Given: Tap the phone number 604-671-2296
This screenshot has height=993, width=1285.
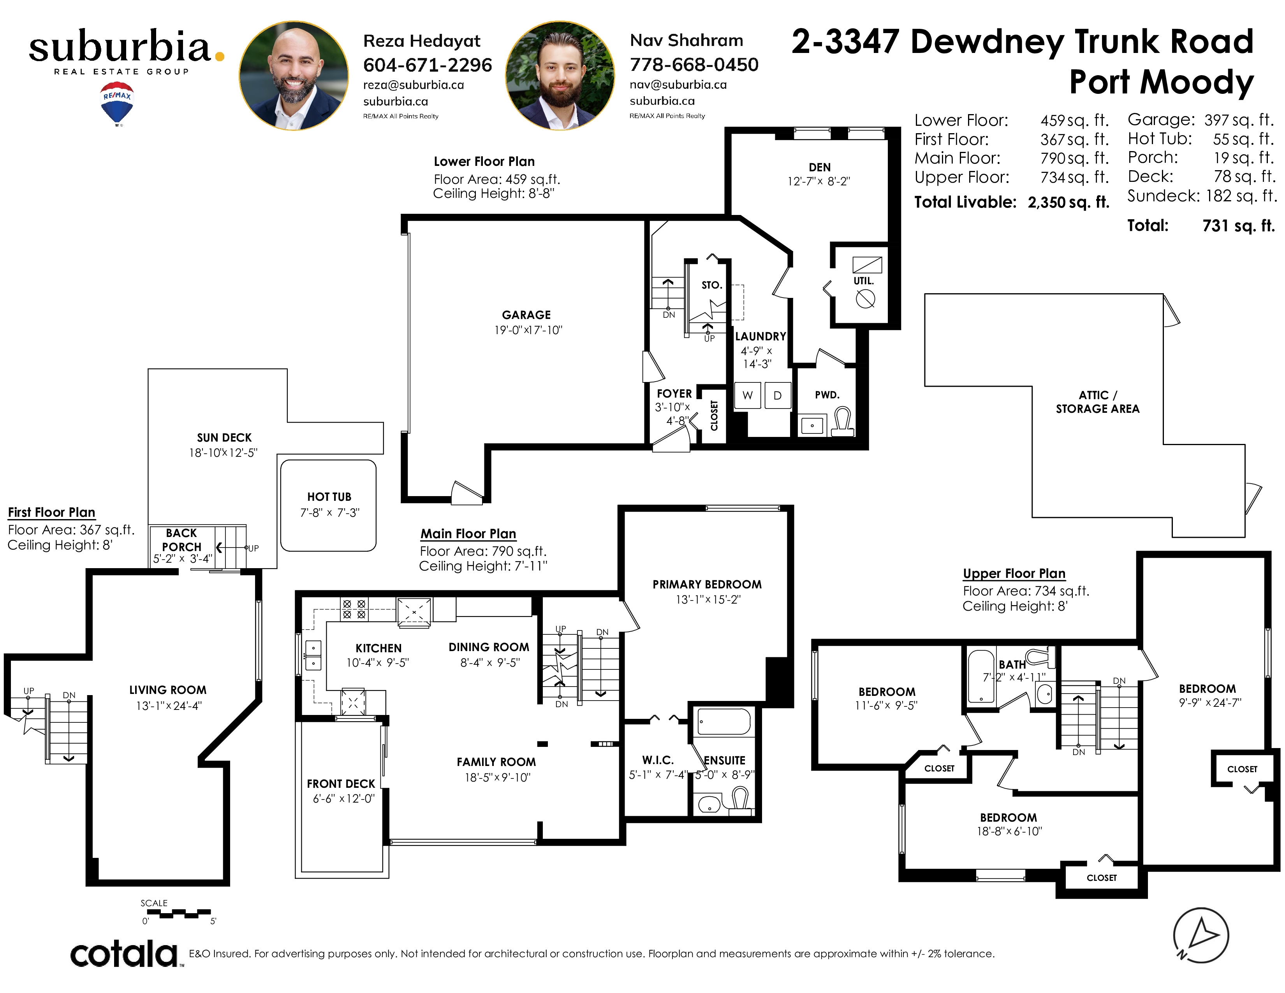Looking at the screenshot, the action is pyautogui.click(x=427, y=65).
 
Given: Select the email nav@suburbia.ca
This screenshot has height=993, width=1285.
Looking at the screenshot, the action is pyautogui.click(x=678, y=85).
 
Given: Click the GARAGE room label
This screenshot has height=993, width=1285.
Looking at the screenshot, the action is pyautogui.click(x=526, y=315).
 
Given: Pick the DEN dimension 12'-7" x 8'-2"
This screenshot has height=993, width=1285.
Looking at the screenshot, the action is pyautogui.click(x=819, y=181).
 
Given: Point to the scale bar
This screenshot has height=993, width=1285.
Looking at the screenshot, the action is pyautogui.click(x=179, y=914).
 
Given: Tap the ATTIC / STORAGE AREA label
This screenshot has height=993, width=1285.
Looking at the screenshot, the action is pyautogui.click(x=1097, y=402).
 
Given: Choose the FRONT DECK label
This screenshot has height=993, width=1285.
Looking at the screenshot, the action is pyautogui.click(x=341, y=783).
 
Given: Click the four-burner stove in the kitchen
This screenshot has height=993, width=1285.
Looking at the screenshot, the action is pyautogui.click(x=354, y=609).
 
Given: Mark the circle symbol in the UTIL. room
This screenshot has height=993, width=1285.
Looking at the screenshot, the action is pyautogui.click(x=865, y=300).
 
